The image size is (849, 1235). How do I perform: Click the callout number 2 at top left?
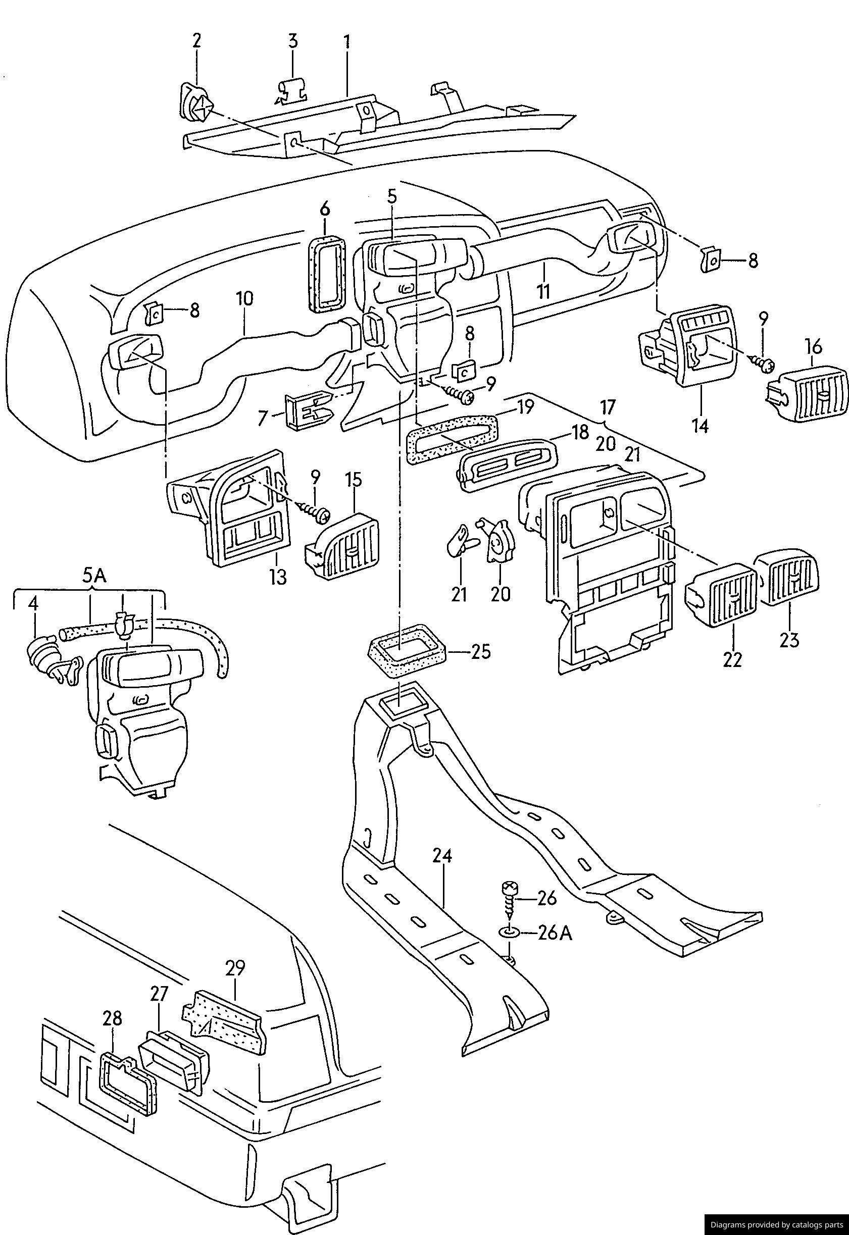(x=197, y=41)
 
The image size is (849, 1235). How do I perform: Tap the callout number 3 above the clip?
(x=293, y=41)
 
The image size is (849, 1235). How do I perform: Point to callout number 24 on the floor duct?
(x=441, y=856)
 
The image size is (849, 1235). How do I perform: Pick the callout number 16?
(x=814, y=347)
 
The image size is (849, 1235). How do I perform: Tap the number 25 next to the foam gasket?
(x=480, y=652)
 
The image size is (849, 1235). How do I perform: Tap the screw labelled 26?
(x=509, y=902)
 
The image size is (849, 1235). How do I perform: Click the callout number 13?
(x=278, y=576)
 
